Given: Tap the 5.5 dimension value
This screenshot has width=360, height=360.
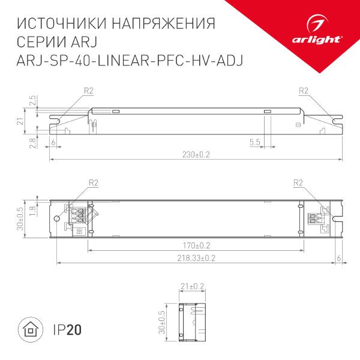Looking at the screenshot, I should click(254, 142).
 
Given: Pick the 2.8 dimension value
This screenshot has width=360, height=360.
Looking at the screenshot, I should click(32, 142).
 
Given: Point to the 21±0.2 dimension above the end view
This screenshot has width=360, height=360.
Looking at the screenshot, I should click(193, 286).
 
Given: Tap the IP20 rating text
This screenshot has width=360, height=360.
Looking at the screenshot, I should click(67, 330).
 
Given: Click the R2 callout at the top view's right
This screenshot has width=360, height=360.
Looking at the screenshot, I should click(297, 183).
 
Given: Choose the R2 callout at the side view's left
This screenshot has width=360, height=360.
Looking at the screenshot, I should click(89, 91).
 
